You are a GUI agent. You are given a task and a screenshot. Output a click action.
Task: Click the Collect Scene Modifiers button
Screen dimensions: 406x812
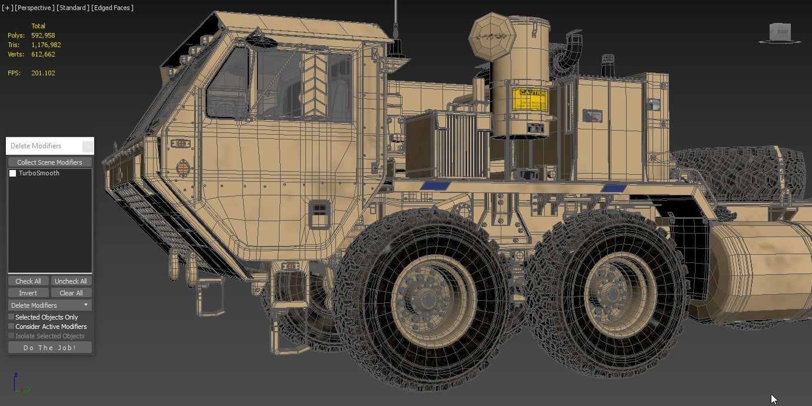tap(49, 162)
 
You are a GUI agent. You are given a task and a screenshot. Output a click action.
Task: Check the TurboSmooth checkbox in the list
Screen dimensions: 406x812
tap(12, 173)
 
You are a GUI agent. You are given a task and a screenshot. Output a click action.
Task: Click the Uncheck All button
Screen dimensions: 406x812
tap(71, 281)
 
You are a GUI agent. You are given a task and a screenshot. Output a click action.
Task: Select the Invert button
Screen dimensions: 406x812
tap(28, 293)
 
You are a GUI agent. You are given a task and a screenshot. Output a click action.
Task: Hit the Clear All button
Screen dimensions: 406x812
tap(71, 293)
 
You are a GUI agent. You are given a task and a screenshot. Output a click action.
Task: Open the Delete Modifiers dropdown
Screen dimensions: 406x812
tap(49, 305)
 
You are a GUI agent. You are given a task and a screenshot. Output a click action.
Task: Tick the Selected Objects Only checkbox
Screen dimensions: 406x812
tap(11, 317)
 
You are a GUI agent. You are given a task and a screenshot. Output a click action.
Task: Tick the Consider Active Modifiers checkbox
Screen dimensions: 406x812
tap(11, 327)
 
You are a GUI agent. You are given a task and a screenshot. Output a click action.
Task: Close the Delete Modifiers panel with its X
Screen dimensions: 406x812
tap(87, 146)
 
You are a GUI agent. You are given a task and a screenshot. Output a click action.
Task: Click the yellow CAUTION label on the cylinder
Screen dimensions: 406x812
tap(530, 99)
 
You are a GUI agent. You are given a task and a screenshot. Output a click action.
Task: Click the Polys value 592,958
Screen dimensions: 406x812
tap(43, 35)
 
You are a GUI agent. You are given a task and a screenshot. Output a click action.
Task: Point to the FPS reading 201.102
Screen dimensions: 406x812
tap(43, 73)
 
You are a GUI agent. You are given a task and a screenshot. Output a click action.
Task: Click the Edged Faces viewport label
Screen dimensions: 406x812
tap(112, 8)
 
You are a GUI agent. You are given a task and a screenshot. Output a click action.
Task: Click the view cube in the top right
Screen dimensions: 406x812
tap(780, 32)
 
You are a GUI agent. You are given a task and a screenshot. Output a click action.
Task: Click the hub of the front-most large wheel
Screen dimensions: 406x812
tap(425, 298)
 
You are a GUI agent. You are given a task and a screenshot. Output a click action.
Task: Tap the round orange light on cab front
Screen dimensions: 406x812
tap(183, 169)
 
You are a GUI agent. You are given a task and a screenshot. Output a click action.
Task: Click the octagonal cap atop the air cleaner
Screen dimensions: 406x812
tap(491, 36)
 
